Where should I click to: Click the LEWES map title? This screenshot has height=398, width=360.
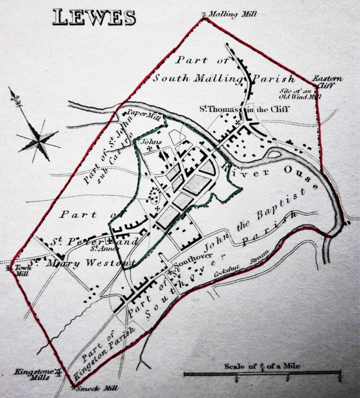tap(94, 17)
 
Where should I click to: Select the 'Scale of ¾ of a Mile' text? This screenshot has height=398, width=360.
tap(262, 366)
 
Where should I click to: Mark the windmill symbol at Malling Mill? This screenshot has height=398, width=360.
tap(204, 14)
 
